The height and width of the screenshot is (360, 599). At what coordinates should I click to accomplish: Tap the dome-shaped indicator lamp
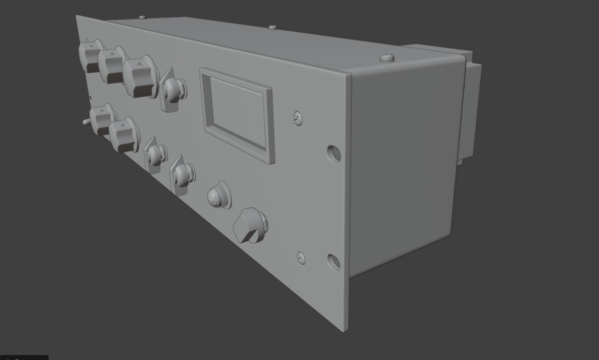pyautogui.click(x=218, y=195)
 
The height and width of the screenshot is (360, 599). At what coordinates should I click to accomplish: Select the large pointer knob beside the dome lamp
pyautogui.click(x=250, y=225)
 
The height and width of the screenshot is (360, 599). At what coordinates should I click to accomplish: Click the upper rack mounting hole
pyautogui.click(x=334, y=153)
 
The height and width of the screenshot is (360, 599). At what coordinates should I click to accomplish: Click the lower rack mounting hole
pyautogui.click(x=333, y=262)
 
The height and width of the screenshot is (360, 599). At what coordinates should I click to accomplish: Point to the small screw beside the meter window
pyautogui.click(x=298, y=118)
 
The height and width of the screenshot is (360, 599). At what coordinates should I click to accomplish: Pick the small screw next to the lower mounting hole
pyautogui.click(x=301, y=258)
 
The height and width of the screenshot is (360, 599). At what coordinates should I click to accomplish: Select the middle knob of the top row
pyautogui.click(x=112, y=65)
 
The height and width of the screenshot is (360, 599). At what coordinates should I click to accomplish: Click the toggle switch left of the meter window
pyautogui.click(x=173, y=90)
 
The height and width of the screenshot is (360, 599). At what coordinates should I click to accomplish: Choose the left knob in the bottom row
pyautogui.click(x=102, y=119)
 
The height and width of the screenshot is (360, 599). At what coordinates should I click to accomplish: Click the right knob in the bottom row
pyautogui.click(x=123, y=135)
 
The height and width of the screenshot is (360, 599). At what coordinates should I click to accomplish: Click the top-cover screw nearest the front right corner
pyautogui.click(x=387, y=58)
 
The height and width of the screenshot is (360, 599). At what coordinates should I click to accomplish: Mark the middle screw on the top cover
pyautogui.click(x=276, y=27)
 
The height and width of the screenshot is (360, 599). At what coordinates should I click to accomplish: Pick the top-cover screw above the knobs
pyautogui.click(x=142, y=17)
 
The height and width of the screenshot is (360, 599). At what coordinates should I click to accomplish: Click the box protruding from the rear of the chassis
pyautogui.click(x=471, y=108)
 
